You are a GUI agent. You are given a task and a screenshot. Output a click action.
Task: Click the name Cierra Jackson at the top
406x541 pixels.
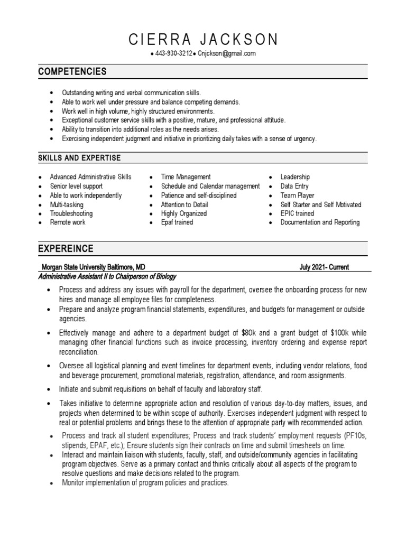(203, 39)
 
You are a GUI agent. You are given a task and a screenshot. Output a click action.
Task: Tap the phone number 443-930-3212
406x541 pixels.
(174, 54)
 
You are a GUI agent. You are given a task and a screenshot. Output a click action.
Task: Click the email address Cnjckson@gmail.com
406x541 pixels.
(227, 54)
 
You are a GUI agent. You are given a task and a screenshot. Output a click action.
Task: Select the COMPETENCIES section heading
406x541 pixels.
(72, 71)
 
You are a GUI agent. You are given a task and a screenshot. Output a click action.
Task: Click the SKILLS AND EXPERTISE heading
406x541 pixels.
(79, 158)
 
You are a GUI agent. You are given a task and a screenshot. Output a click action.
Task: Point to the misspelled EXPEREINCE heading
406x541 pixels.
(66, 248)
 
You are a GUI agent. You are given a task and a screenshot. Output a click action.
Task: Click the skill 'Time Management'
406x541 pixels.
(186, 177)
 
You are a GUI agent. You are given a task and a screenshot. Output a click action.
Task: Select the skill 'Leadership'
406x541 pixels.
(295, 177)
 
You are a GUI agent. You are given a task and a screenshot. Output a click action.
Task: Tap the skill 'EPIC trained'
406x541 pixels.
(297, 213)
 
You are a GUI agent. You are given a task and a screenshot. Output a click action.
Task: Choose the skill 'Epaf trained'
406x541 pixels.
(177, 222)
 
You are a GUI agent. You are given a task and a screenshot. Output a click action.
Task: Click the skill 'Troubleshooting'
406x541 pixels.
(71, 213)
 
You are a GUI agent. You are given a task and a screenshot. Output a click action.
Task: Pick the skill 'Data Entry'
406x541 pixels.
(294, 186)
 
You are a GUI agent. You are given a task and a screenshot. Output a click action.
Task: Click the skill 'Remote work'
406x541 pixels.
(68, 222)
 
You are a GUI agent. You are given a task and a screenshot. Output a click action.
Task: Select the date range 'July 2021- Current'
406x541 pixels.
(324, 267)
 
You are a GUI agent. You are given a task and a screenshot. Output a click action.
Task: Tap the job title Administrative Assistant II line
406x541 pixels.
(107, 276)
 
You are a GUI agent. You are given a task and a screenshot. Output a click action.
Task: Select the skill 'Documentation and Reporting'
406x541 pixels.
(320, 222)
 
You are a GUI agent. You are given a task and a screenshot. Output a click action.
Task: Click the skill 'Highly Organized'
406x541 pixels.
(184, 213)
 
